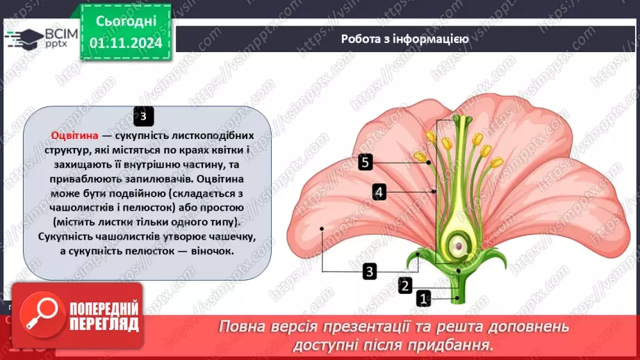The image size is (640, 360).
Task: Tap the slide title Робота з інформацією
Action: (x=404, y=39)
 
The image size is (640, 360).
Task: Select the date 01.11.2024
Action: (x=125, y=43)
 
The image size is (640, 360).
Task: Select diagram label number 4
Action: (x=379, y=191)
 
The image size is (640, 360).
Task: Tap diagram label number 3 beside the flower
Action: (x=370, y=271)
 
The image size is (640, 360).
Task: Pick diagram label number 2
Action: (x=405, y=284)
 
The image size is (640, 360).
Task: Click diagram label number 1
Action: (x=423, y=299)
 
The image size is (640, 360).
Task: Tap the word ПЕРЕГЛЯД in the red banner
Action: (x=104, y=324)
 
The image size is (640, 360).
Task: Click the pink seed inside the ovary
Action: (x=459, y=246)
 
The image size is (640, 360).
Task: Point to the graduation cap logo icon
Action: (x=24, y=36)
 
